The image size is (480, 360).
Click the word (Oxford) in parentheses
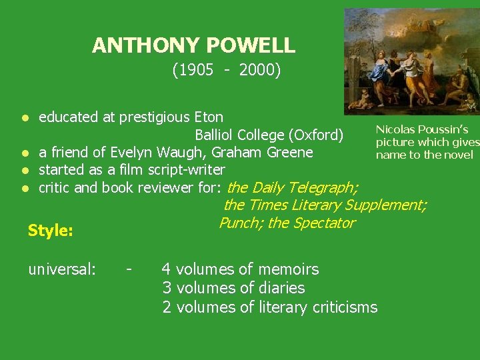[x=316, y=135]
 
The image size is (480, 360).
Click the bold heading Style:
[x=50, y=231]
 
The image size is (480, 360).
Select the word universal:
[x=62, y=270]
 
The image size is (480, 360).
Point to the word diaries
[x=281, y=289]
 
